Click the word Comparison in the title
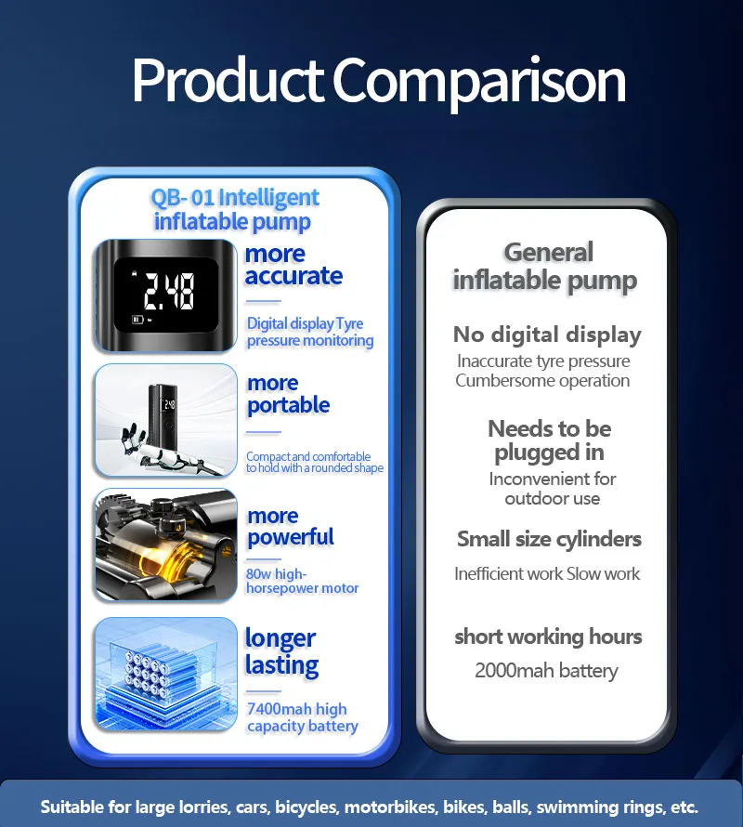479,83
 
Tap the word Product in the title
228,79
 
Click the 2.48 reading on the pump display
169,291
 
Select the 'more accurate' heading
293,266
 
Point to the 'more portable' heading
288,394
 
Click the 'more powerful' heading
290,527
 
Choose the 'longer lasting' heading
281,652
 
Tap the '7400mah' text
279,709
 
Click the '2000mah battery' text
546,671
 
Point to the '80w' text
258,574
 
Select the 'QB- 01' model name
182,198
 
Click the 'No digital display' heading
547,335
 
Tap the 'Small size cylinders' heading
549,539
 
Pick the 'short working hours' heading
548,637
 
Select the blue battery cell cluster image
166,674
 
